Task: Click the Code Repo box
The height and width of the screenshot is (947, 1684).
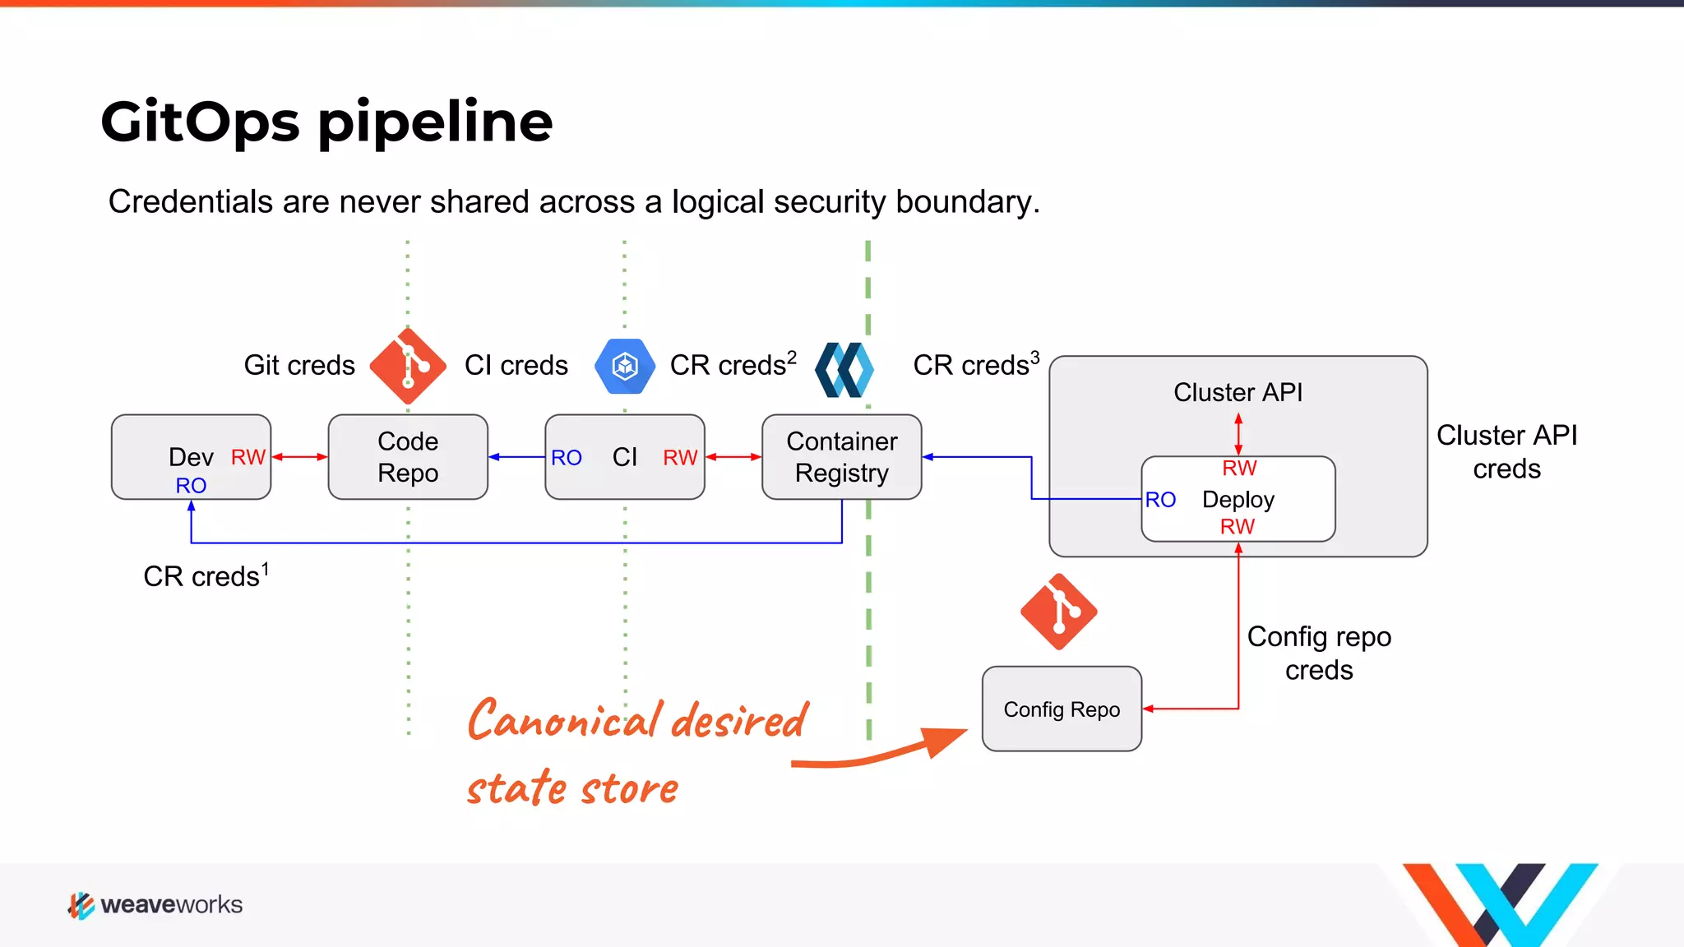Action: (x=408, y=457)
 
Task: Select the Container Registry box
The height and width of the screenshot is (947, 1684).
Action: (x=841, y=457)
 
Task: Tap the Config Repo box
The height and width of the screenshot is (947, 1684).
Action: (x=1062, y=709)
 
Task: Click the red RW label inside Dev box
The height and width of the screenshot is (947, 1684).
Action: (x=248, y=457)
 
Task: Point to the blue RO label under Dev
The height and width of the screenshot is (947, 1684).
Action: (x=191, y=486)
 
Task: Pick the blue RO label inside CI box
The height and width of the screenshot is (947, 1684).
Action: (x=566, y=458)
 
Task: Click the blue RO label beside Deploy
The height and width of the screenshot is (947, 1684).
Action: (x=1160, y=500)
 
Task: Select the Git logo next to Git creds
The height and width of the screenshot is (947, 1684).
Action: (x=408, y=366)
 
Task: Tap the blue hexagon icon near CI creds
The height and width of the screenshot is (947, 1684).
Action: (x=625, y=366)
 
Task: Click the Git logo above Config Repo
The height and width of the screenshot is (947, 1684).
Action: (x=1059, y=612)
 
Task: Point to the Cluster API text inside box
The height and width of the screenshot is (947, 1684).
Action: (x=1238, y=392)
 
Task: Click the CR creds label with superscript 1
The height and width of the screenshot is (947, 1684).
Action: (x=206, y=575)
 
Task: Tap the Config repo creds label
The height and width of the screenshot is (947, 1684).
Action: (x=1319, y=653)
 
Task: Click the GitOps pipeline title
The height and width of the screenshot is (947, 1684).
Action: (x=326, y=122)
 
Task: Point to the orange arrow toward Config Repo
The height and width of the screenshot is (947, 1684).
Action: (x=880, y=752)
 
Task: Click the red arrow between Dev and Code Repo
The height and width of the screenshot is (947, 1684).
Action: (x=299, y=457)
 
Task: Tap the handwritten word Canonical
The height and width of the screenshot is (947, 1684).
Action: (x=564, y=720)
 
